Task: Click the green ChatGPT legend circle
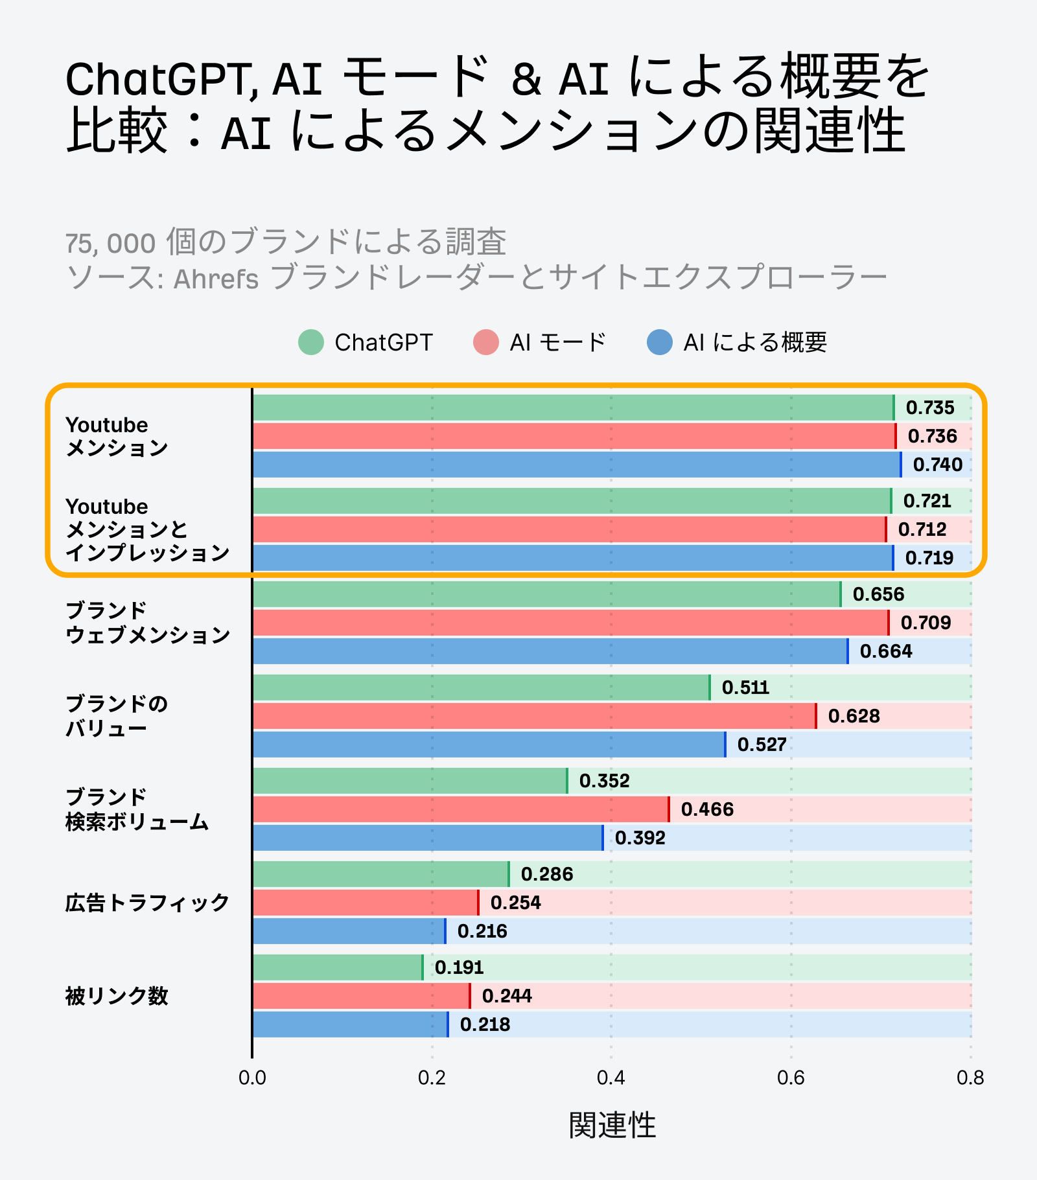click(310, 342)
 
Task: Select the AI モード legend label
click(557, 342)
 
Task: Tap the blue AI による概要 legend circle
click(659, 342)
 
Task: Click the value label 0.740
click(937, 465)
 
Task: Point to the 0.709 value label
click(926, 623)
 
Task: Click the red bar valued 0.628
click(534, 716)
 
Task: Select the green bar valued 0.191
click(337, 967)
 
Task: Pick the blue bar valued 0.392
click(428, 838)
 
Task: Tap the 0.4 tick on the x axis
click(611, 1078)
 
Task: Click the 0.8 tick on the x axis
click(970, 1078)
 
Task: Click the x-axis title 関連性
click(612, 1125)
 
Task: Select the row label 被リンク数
click(117, 996)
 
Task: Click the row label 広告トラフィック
click(147, 903)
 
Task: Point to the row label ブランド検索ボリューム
click(137, 810)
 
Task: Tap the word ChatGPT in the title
click(155, 80)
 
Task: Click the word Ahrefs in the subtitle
click(216, 279)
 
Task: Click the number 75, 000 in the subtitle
click(110, 244)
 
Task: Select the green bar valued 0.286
click(380, 874)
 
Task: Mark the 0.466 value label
click(706, 809)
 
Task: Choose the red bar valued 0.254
click(366, 903)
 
